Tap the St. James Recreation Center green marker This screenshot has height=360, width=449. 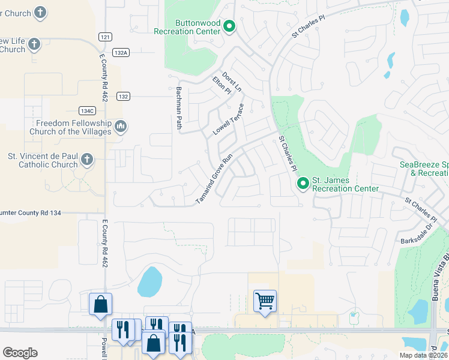click(303, 183)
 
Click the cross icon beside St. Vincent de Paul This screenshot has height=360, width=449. click(87, 160)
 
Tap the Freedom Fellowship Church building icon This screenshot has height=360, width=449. click(121, 127)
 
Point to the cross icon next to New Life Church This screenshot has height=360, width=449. click(34, 44)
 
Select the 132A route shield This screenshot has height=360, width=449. click(121, 53)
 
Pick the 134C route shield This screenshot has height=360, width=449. click(86, 111)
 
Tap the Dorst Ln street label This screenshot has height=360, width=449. click(232, 82)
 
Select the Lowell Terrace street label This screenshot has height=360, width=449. click(229, 119)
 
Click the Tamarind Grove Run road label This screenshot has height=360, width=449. click(214, 180)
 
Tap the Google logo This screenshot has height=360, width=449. click(20, 352)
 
